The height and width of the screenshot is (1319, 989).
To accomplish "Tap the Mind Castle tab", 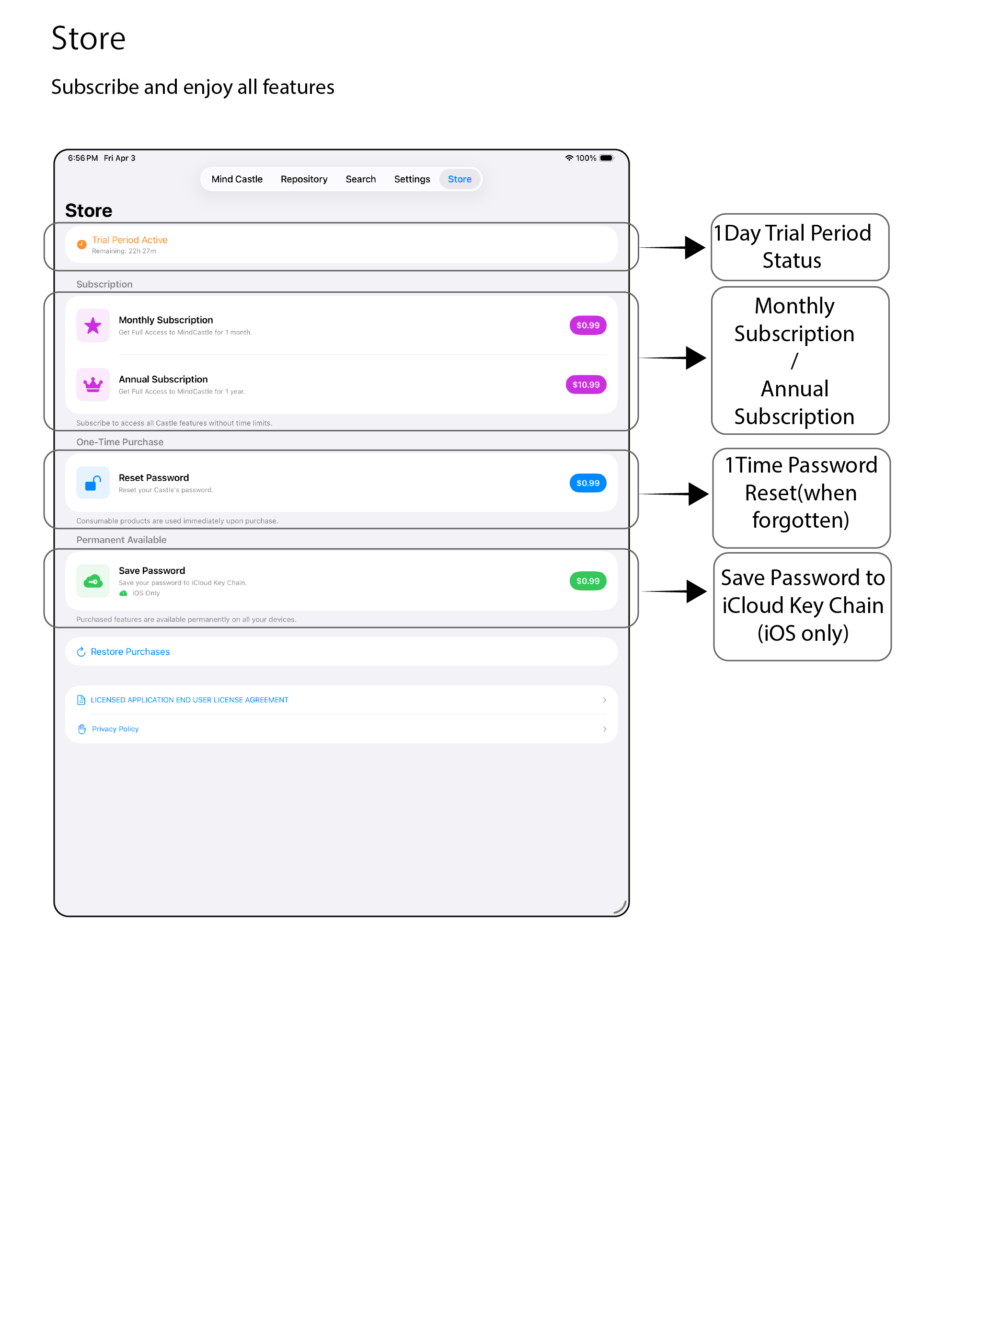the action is click(237, 179).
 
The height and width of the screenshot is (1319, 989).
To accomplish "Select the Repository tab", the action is click(304, 179).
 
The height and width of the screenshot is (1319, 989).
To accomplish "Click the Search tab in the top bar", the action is click(361, 179).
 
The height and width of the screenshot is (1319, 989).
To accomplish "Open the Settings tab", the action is click(412, 179).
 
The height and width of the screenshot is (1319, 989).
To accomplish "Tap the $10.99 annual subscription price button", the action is click(586, 384).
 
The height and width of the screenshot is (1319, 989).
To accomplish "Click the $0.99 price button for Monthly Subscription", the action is click(588, 325).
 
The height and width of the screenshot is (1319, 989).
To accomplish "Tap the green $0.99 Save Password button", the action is click(588, 581).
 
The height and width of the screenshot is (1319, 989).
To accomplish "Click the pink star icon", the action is click(93, 325).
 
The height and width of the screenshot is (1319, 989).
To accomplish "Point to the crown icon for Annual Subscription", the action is click(93, 384).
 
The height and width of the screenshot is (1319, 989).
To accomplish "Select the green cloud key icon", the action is click(93, 581).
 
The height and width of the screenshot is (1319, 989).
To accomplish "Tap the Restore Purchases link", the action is click(130, 652).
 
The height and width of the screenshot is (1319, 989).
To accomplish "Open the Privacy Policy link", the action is click(115, 729).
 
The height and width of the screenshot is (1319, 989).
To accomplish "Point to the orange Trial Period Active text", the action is click(129, 240).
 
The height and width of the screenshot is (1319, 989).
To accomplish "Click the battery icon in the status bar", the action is click(607, 158).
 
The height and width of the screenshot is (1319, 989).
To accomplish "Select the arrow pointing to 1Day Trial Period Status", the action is click(672, 247).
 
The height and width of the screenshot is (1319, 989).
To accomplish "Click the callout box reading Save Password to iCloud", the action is click(803, 606).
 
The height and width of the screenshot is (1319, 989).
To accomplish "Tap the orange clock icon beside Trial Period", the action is click(81, 244).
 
